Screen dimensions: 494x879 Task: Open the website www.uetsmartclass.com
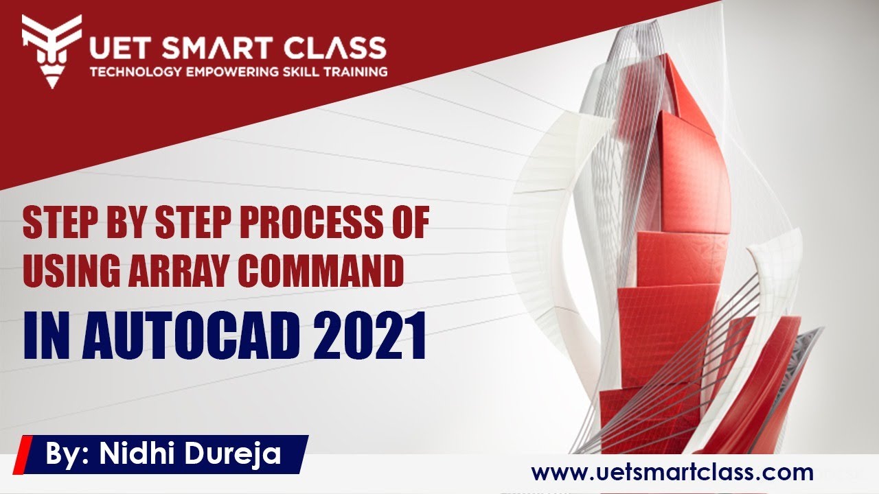[x=672, y=472]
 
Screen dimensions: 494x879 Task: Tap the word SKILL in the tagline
[x=305, y=71]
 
